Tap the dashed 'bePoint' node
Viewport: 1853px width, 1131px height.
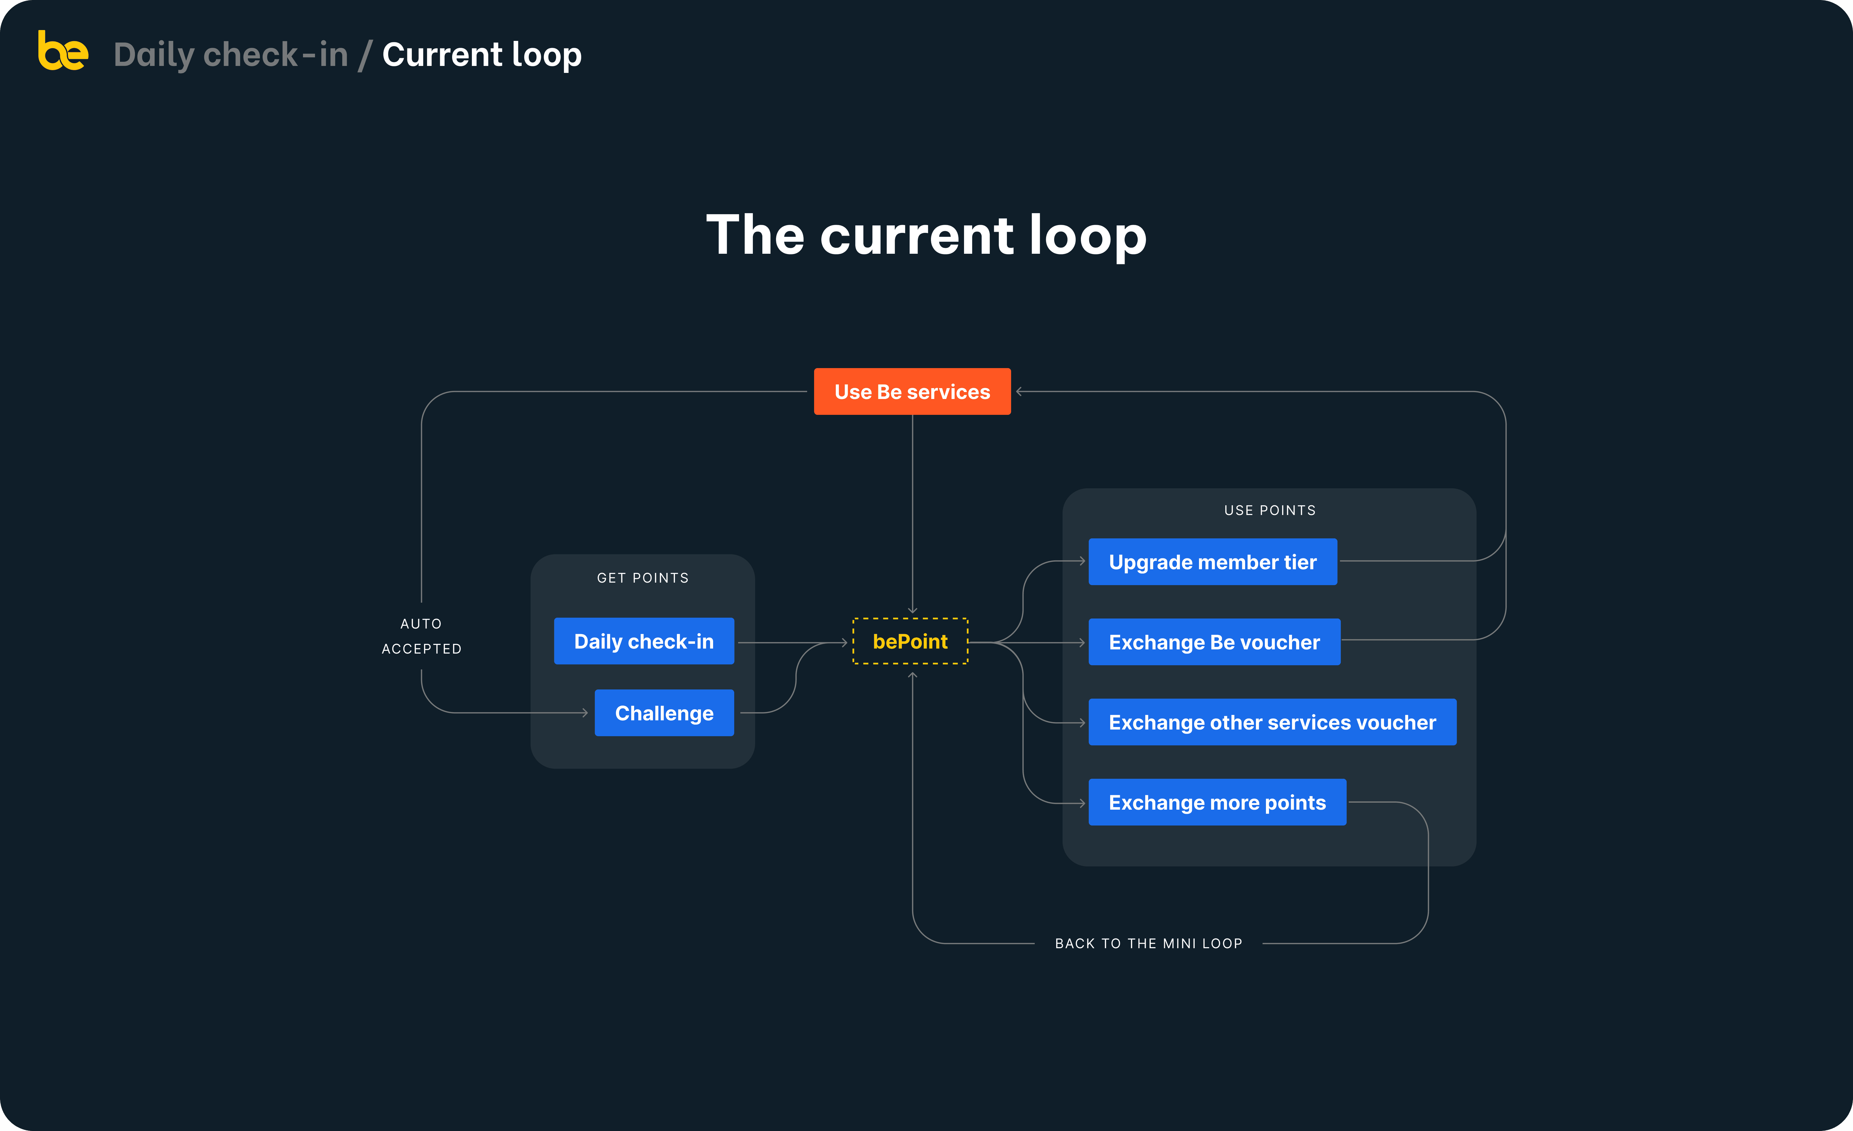[910, 641]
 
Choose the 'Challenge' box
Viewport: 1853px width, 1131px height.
[664, 713]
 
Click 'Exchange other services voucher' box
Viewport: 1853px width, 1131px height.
[1272, 722]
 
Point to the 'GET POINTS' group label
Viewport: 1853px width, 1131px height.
[643, 578]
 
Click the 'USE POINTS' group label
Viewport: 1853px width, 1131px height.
[1270, 510]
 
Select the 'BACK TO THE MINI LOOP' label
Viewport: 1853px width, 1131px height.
[1148, 943]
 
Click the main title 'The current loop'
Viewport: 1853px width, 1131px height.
[926, 235]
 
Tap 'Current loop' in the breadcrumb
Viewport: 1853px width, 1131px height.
[482, 54]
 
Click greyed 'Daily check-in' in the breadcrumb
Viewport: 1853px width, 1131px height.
[231, 54]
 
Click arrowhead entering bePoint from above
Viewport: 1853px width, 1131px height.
[912, 611]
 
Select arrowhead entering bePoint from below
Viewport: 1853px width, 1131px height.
[912, 675]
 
